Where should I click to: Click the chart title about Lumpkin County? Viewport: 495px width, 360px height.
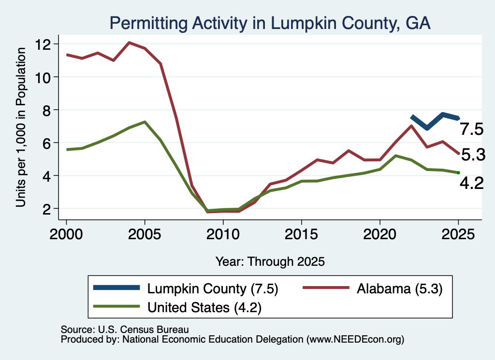point(270,23)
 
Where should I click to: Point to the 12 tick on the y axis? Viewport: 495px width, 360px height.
point(43,44)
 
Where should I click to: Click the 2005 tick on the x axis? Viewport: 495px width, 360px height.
point(145,235)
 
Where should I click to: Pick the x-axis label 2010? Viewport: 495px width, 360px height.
point(223,235)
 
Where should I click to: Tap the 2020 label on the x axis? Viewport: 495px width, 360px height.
point(380,235)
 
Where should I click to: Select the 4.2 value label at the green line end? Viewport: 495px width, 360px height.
point(472,183)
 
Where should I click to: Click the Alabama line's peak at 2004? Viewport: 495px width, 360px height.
point(129,42)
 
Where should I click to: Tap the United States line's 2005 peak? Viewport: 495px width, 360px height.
point(145,122)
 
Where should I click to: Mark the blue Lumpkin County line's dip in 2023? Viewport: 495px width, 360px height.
point(427,128)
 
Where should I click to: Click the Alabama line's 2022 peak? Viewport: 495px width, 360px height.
point(411,126)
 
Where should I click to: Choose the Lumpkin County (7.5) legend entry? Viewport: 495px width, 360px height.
point(186,288)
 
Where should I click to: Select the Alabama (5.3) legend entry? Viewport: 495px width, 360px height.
point(373,288)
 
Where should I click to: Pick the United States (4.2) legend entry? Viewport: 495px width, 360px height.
point(177,307)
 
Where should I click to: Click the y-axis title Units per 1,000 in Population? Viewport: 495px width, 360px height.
point(21,127)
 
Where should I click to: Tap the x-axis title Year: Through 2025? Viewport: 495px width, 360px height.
point(270,262)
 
